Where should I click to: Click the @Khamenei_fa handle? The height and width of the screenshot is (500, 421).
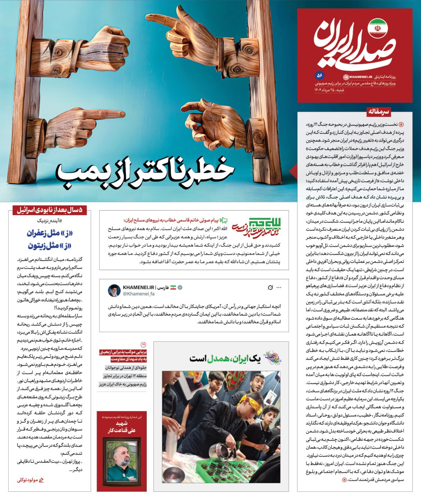[139, 294]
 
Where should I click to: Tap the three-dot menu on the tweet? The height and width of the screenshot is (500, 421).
[279, 287]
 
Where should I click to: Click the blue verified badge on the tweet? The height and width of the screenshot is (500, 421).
[181, 287]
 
